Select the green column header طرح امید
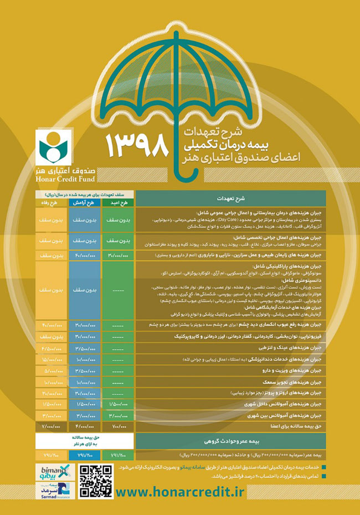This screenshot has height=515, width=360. (119, 203)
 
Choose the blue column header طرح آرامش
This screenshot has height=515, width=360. (85, 203)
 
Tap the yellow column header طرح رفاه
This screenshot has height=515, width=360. (53, 203)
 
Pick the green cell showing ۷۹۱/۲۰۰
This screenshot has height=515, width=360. (119, 455)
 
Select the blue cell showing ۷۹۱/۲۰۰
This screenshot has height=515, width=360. (85, 455)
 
